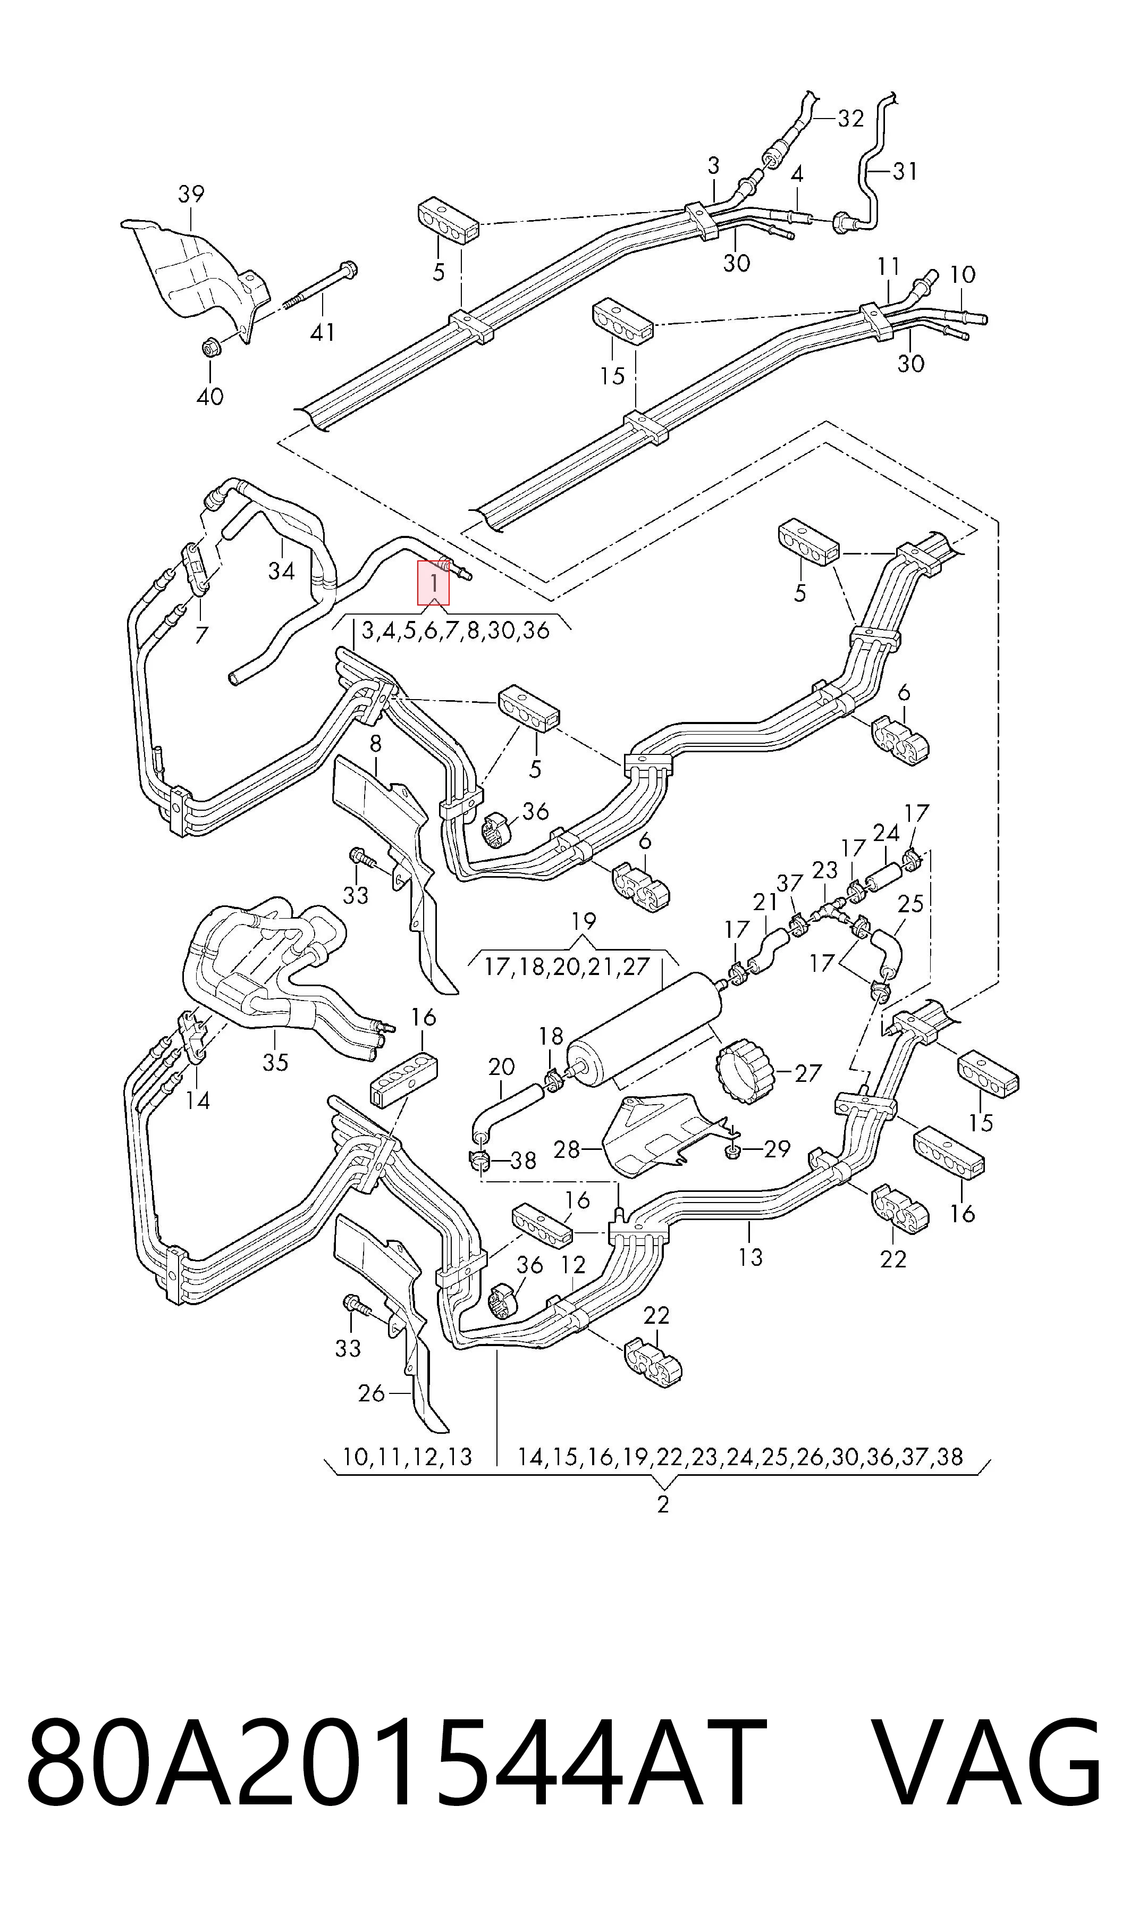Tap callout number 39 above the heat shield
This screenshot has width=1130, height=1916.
[191, 194]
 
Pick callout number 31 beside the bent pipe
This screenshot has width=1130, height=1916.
[905, 171]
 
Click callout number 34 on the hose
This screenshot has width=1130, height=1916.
[281, 570]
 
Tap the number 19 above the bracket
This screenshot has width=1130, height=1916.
[583, 921]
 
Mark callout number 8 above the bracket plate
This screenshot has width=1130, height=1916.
[375, 744]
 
